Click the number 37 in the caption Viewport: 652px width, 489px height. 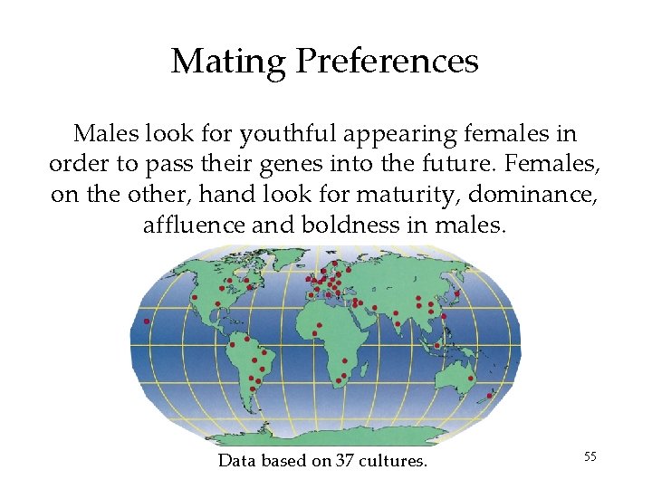tap(345, 461)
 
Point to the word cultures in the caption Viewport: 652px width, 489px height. tap(393, 461)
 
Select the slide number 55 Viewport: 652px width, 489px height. tap(590, 456)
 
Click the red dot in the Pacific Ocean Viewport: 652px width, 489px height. tap(147, 321)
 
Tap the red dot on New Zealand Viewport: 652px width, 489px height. tap(490, 395)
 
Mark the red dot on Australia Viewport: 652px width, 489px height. tap(470, 378)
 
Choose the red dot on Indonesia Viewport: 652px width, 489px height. tap(436, 345)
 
